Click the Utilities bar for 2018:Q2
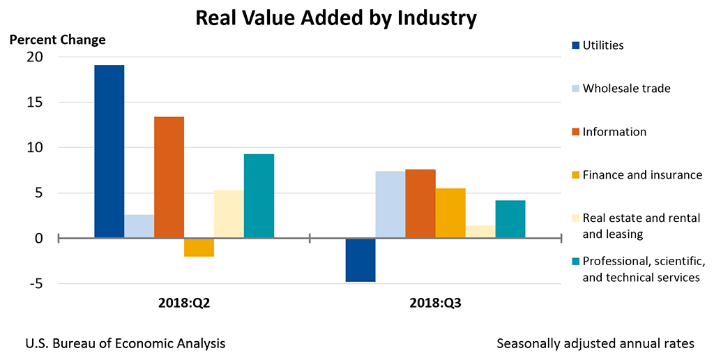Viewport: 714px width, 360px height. [x=109, y=151]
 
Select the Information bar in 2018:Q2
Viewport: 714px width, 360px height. [x=169, y=177]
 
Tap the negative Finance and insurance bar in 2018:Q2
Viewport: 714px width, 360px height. [x=199, y=248]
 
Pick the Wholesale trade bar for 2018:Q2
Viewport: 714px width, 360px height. [x=139, y=226]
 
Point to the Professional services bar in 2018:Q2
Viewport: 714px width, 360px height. [x=259, y=196]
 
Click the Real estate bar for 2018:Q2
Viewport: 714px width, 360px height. [x=229, y=214]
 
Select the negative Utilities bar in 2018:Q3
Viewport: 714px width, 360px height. [x=360, y=260]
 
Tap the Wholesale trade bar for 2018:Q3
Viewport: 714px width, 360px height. [x=390, y=204]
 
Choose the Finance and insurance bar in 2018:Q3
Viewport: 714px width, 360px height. [x=450, y=213]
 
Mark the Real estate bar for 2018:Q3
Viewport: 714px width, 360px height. [x=480, y=232]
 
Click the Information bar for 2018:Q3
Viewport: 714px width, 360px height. [x=420, y=204]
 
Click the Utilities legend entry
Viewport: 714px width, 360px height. [x=602, y=45]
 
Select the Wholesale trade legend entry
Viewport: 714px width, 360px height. [x=626, y=89]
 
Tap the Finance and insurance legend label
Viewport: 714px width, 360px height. [x=642, y=175]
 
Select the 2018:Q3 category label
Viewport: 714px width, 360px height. [x=435, y=304]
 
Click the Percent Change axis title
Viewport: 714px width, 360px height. [x=57, y=39]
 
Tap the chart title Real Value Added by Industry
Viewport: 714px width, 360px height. [x=336, y=17]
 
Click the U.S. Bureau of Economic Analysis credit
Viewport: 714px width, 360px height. [x=126, y=344]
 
